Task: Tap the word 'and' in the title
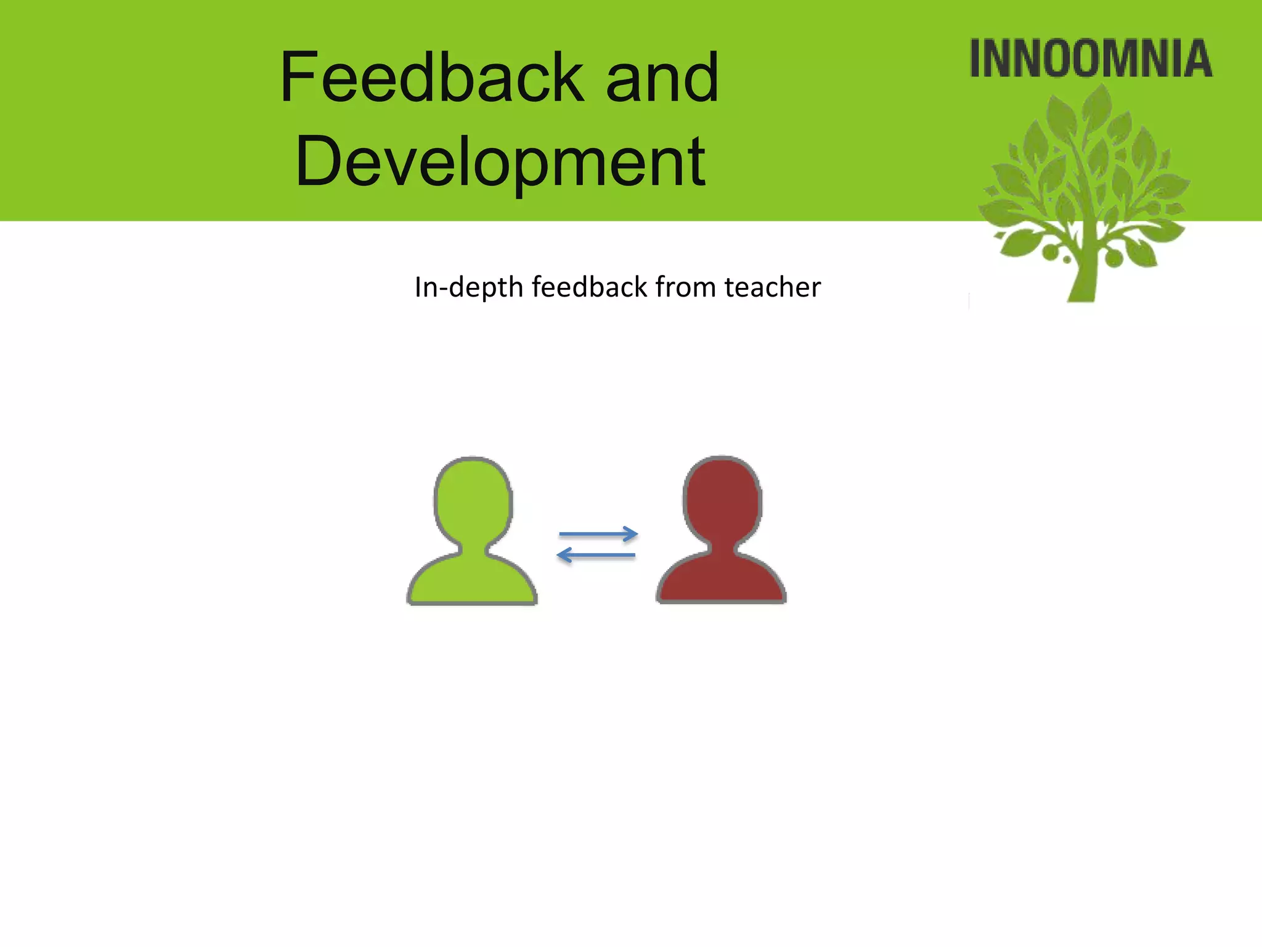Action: click(662, 79)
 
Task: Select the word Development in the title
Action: click(500, 162)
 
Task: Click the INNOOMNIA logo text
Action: click(1091, 59)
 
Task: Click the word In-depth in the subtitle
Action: click(468, 287)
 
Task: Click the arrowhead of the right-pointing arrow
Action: click(631, 534)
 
